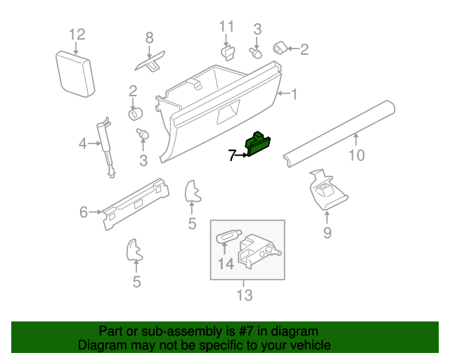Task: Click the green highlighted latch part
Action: tap(258, 143)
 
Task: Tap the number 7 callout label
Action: tap(233, 155)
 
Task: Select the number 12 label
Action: tap(77, 34)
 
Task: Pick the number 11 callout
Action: tap(226, 27)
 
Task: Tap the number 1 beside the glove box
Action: tap(295, 94)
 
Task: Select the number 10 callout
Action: tap(357, 154)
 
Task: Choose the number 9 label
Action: tap(327, 233)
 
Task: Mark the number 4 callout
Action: tap(82, 144)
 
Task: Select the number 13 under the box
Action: tap(243, 295)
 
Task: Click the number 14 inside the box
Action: tap(225, 264)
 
